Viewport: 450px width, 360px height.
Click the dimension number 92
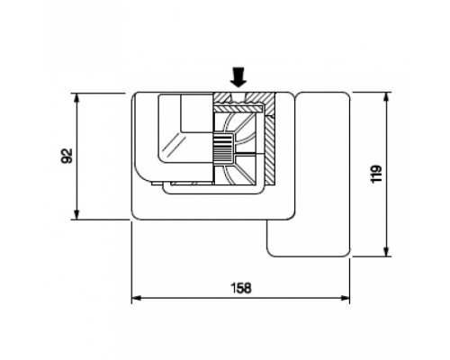coord(67,156)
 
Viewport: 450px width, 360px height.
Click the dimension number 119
coord(376,174)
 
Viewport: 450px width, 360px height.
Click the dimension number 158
coord(241,288)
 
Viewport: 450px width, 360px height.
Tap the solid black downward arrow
coord(238,77)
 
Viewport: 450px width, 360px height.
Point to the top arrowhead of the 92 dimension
coord(77,98)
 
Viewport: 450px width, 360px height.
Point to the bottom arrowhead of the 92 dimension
coord(77,214)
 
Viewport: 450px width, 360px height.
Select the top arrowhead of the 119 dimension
coord(387,97)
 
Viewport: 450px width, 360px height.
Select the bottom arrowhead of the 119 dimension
coord(387,251)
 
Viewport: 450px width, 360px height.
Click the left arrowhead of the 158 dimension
coord(137,298)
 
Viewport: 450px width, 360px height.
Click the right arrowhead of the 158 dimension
coord(345,298)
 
